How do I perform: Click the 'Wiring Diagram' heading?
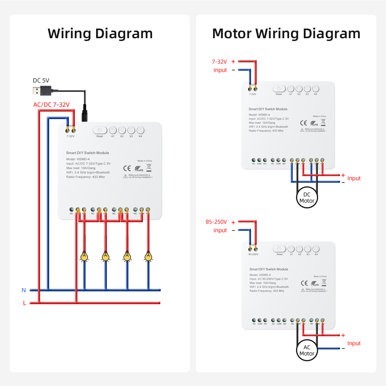[x=100, y=34]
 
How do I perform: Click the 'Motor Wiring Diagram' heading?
[x=286, y=34]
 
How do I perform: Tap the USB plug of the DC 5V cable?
[x=41, y=91]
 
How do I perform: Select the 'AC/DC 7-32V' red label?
[x=51, y=105]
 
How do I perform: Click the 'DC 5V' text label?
[x=41, y=81]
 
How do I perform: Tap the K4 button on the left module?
[x=140, y=130]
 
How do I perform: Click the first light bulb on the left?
[x=84, y=256]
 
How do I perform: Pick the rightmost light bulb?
[x=148, y=256]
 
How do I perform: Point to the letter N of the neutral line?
[x=24, y=290]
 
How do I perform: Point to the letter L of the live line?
[x=24, y=303]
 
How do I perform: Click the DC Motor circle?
[x=307, y=198]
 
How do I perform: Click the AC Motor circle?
[x=307, y=350]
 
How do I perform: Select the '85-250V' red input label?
[x=216, y=222]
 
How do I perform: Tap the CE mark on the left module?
[x=127, y=168]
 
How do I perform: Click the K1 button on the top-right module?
[x=291, y=89]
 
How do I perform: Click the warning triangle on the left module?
[x=125, y=176]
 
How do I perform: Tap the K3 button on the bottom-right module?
[x=308, y=249]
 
